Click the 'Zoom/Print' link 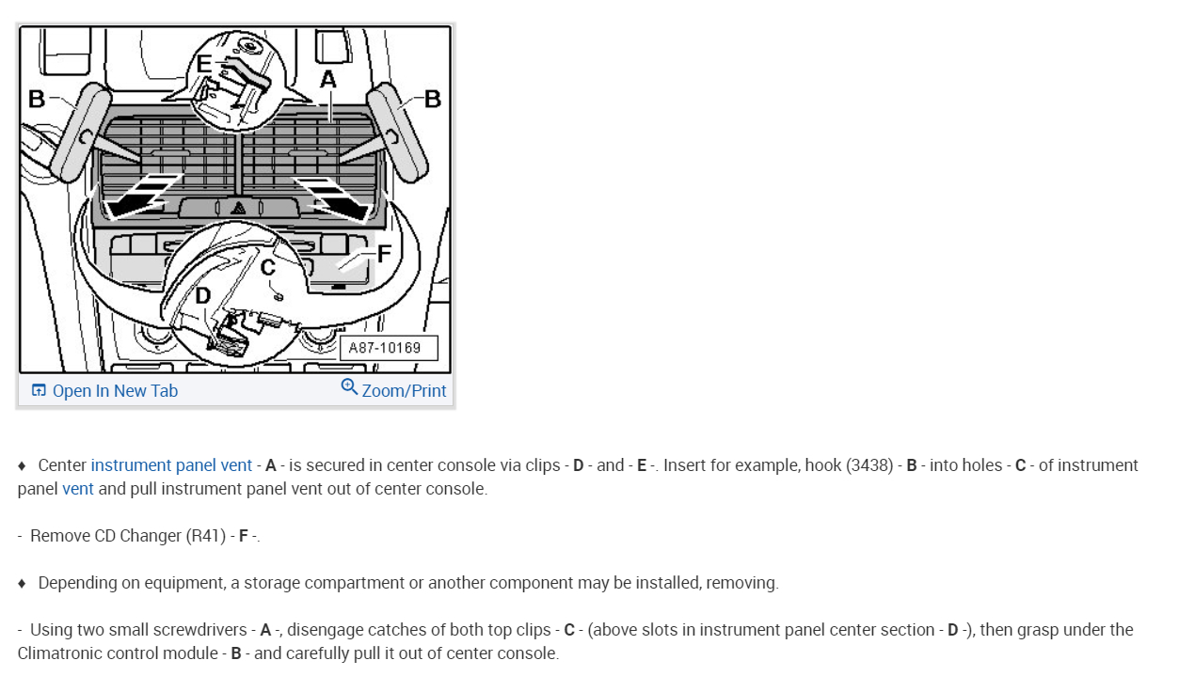click(404, 391)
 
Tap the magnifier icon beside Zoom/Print click(349, 387)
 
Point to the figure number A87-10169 click(385, 348)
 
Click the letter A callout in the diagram click(327, 81)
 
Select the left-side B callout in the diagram click(36, 99)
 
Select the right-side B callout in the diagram click(433, 99)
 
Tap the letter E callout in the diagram click(203, 65)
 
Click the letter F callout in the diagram click(383, 254)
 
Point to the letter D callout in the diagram click(201, 296)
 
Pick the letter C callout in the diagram click(268, 268)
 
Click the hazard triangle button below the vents click(239, 208)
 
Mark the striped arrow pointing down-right click(331, 196)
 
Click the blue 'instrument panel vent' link click(171, 465)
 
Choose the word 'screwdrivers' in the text click(201, 630)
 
